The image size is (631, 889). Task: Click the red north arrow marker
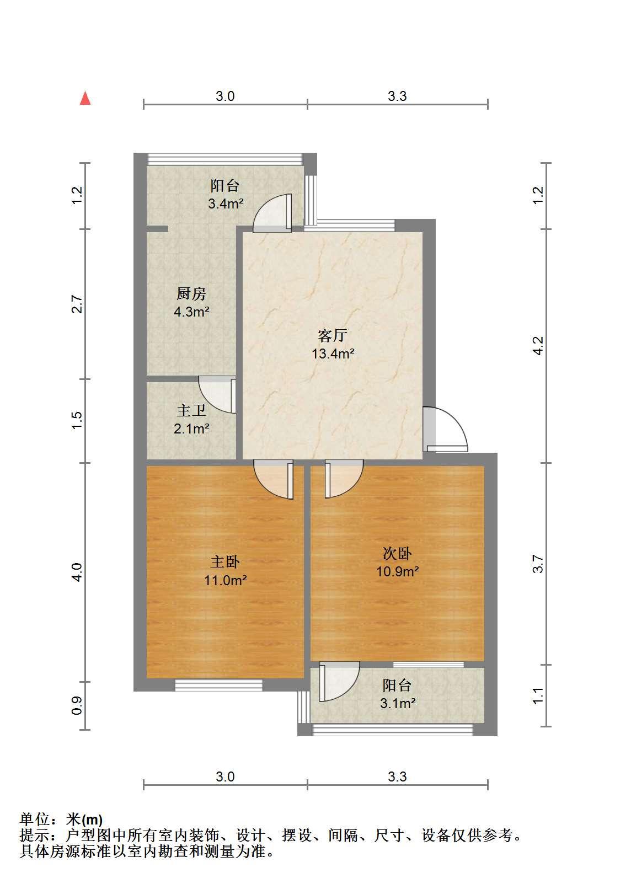(85, 98)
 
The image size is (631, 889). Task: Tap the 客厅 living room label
(332, 335)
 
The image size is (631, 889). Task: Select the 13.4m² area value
(333, 353)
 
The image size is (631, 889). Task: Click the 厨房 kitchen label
(191, 294)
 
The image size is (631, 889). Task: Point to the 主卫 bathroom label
(191, 410)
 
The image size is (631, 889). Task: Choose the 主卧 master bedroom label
(225, 562)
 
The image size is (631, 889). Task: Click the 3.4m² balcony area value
(226, 203)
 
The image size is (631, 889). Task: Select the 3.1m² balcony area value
(398, 704)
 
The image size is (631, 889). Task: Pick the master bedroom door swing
(274, 479)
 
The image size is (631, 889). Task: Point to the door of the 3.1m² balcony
(339, 682)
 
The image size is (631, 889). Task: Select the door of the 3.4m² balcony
(272, 213)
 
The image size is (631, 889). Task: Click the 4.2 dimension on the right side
(538, 346)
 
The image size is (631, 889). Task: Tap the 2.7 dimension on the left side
(77, 304)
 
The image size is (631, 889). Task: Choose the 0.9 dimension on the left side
(77, 705)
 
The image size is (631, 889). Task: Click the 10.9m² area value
(398, 571)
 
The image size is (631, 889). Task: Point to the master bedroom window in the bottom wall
(218, 686)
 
